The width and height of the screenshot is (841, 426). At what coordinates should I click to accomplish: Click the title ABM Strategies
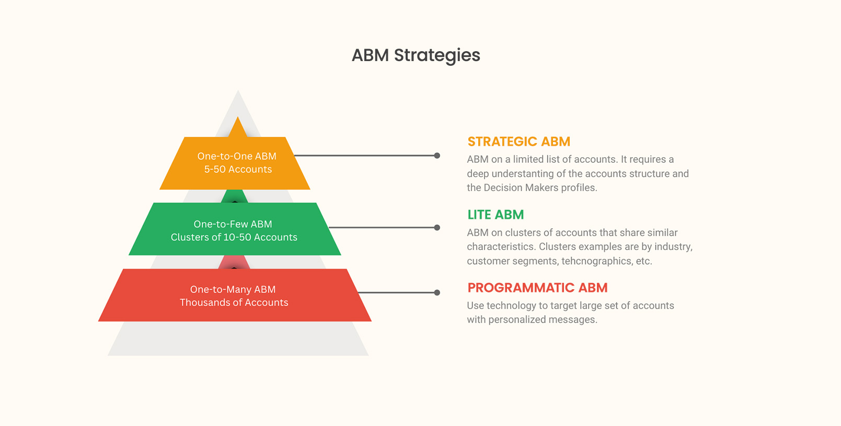(416, 55)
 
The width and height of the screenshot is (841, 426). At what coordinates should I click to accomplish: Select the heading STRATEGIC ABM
(519, 141)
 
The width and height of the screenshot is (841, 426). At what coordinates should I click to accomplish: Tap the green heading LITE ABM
(495, 215)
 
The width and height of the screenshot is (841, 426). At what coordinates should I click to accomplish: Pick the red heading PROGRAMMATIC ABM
(537, 288)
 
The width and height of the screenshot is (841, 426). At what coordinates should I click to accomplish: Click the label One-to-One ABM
(237, 156)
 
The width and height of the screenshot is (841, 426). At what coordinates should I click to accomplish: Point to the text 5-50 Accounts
(238, 169)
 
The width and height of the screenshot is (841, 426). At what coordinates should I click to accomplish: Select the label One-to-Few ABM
(233, 224)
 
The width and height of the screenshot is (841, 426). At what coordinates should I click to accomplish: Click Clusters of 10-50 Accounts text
(234, 237)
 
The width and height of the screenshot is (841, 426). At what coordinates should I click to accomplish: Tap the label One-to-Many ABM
(233, 289)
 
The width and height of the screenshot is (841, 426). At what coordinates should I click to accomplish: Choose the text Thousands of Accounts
(234, 302)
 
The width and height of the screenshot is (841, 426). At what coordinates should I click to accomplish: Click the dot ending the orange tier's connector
(437, 156)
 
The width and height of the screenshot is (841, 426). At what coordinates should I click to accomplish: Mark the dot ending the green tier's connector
(437, 228)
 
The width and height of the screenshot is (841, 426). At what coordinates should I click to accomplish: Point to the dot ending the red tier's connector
(437, 293)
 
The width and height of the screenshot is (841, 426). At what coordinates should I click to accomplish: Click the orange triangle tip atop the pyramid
(238, 127)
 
